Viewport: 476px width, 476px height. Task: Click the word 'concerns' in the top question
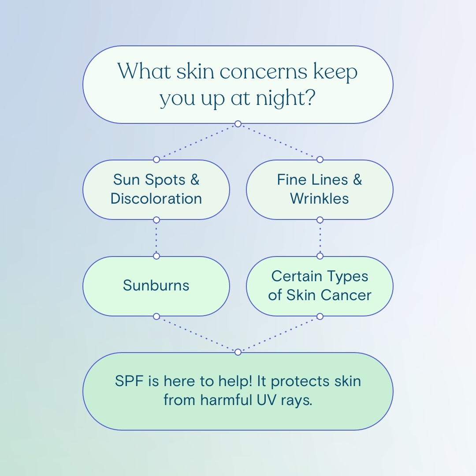point(263,72)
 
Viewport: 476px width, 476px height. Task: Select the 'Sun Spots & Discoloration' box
point(156,190)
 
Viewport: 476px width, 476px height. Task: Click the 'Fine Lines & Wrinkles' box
point(320,190)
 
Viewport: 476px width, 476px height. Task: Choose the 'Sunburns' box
point(156,286)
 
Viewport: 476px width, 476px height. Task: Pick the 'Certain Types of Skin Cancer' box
point(320,286)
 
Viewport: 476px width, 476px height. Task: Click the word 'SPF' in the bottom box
point(129,381)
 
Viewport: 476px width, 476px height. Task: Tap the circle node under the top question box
point(238,124)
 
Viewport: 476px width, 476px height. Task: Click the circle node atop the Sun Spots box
point(156,160)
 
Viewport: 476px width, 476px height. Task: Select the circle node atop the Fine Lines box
point(320,160)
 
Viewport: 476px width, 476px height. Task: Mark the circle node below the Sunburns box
point(156,316)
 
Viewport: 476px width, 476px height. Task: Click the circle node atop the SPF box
point(238,352)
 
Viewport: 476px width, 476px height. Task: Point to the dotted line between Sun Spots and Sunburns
point(156,238)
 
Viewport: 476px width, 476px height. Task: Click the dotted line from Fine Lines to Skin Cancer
point(320,238)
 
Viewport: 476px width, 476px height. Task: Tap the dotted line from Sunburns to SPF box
point(197,334)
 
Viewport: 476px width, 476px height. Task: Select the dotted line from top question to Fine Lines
point(279,141)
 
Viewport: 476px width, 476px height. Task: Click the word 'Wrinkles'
point(320,199)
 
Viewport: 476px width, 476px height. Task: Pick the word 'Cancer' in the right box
point(346,295)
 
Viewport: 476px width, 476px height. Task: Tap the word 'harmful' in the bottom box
point(226,400)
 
